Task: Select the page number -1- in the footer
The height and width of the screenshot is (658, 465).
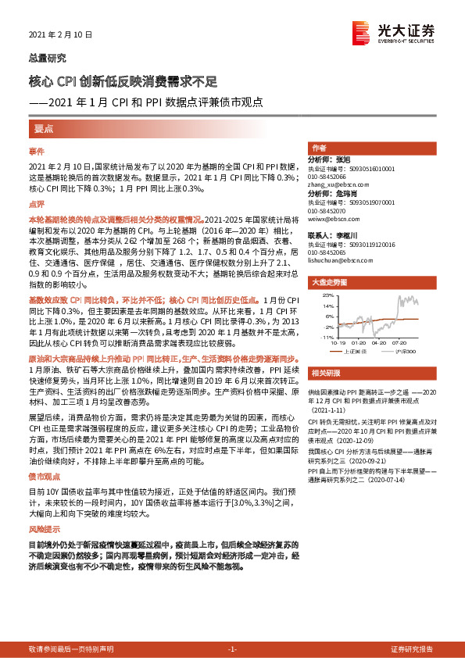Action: [x=231, y=649]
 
